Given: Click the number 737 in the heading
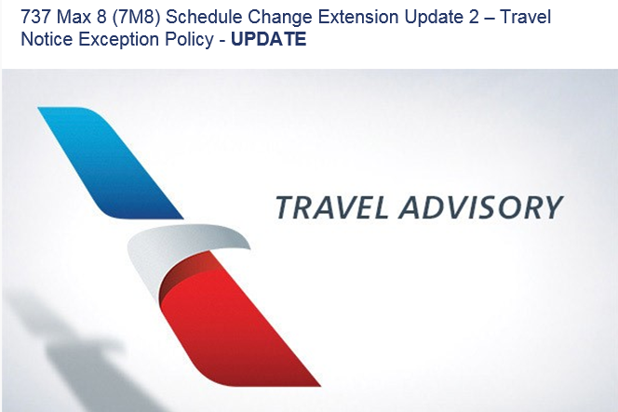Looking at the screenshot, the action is pos(35,17).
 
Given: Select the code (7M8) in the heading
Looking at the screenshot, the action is pos(136,18).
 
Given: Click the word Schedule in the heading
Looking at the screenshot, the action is pos(204,17).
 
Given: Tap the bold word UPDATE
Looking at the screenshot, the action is pos(269,39).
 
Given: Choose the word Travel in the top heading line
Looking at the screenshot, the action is pos(525,17).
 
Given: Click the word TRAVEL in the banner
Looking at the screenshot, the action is pos(332,207).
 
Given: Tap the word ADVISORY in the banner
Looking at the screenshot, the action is pos(481,207).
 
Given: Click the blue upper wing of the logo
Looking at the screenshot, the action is pos(111,163).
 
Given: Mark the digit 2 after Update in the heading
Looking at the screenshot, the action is pos(474,17).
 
